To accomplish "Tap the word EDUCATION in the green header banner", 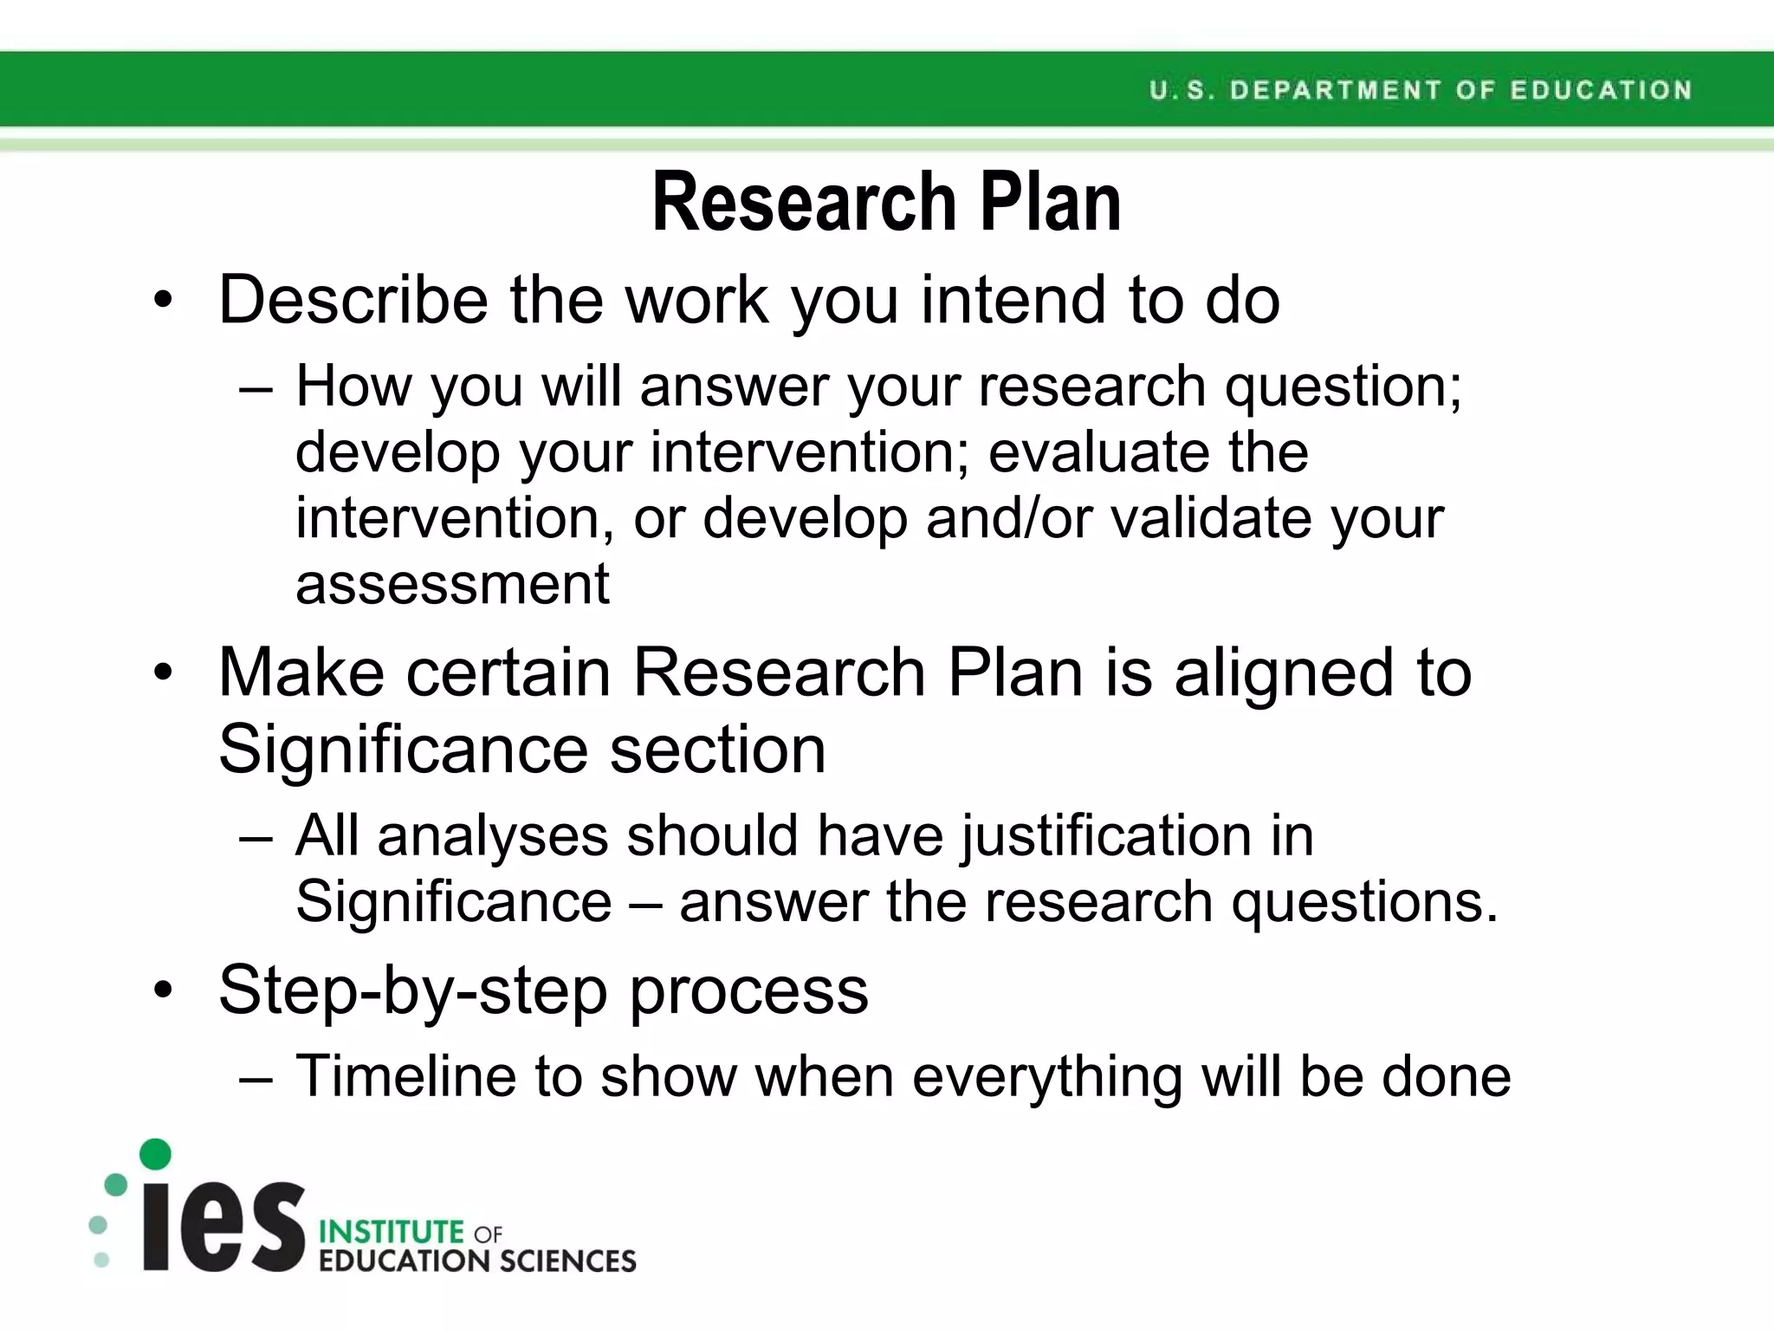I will [x=1601, y=90].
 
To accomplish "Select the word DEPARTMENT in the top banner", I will [x=1335, y=90].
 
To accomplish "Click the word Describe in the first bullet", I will [x=353, y=300].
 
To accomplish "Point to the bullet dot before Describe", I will [x=163, y=302].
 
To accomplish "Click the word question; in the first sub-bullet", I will [x=1342, y=387].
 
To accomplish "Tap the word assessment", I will [x=452, y=584].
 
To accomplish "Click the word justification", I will [x=1106, y=837].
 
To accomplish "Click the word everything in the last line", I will [x=1047, y=1078].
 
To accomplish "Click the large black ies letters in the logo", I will [x=223, y=1225].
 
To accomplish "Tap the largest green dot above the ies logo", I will [x=156, y=1154].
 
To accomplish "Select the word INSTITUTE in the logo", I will [x=392, y=1232].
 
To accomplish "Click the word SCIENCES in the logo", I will [x=567, y=1262].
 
